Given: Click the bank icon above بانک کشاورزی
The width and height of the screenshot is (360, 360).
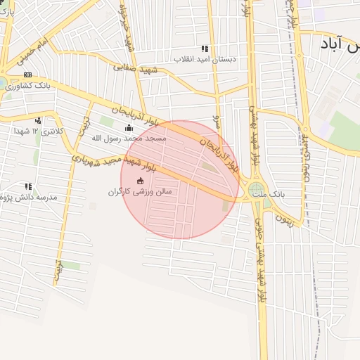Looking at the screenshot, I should point(27,75).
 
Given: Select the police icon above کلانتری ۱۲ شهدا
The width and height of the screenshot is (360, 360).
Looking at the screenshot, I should point(38,120).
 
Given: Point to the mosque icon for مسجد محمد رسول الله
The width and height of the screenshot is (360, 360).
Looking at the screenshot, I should point(128,127).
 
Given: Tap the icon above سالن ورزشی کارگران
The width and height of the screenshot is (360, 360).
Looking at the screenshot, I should point(139,181).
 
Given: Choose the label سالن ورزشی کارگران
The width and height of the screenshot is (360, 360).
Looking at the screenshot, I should point(140,191).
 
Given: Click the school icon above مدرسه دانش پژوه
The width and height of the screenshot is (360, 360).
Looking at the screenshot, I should point(28,186).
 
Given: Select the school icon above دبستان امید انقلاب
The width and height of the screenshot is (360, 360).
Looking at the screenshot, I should point(205,49).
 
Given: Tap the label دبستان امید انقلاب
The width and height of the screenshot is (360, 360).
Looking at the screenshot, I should point(206,60).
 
